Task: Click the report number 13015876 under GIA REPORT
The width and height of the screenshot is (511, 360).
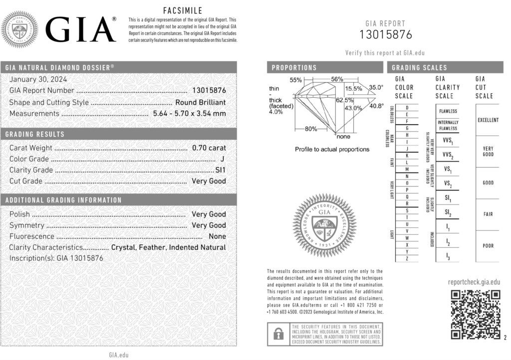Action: [386, 35]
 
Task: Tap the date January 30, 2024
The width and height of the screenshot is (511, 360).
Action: [38, 79]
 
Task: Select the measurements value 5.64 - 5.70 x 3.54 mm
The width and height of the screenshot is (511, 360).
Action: [188, 114]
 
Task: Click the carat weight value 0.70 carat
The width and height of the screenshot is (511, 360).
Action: [209, 148]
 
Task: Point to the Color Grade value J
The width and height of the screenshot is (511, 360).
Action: [222, 159]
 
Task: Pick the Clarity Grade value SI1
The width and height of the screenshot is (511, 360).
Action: [220, 170]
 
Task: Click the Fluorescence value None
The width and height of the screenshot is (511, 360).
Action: [217, 236]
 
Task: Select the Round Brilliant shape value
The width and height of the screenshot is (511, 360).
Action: [200, 103]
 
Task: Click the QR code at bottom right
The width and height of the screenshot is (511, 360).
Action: [475, 314]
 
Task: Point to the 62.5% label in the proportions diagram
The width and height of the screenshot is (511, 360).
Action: [341, 100]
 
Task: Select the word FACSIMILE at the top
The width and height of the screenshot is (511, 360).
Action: [183, 10]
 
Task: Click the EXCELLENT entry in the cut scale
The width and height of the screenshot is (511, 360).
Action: [488, 120]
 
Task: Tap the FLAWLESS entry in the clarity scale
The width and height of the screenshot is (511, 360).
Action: [448, 111]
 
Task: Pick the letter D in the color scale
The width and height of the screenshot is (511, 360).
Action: [408, 108]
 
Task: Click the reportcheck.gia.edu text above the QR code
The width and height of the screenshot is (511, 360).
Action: [474, 282]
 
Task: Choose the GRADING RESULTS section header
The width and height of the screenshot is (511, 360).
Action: [35, 134]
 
